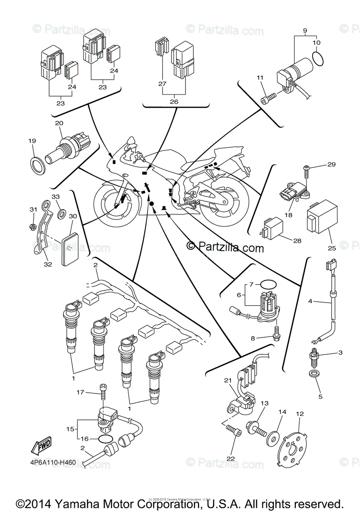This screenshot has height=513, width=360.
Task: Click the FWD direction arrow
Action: (x=41, y=447)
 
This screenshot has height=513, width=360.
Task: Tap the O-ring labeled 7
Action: (x=268, y=284)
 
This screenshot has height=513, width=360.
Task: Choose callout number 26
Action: (x=174, y=102)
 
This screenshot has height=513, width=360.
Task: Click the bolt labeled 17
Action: (x=103, y=390)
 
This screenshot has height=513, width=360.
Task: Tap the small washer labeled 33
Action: (x=61, y=211)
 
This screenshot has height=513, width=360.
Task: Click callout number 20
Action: (x=59, y=123)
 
